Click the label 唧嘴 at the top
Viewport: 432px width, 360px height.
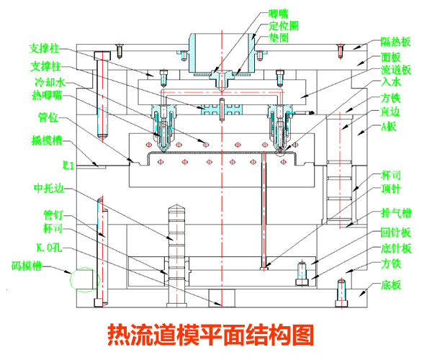(278, 13)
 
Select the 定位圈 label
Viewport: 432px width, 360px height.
(283, 24)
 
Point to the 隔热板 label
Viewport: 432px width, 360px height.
(396, 42)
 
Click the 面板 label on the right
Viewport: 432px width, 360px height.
(391, 56)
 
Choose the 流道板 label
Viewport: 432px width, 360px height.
(396, 70)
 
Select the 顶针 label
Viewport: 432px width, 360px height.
(391, 189)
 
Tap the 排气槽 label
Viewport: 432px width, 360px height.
(396, 212)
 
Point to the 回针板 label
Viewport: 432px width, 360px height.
(396, 232)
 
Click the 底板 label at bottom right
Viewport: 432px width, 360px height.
(391, 284)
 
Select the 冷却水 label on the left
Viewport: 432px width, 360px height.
(48, 83)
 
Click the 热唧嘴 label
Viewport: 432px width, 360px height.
(47, 95)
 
